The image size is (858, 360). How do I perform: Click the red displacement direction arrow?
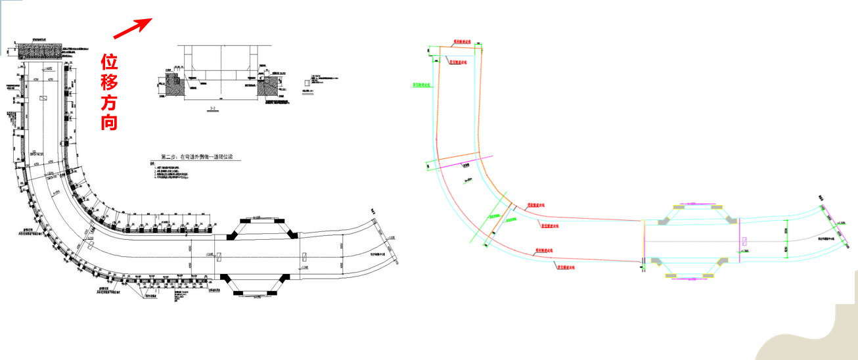click(x=133, y=28)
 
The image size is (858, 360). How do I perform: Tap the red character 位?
click(x=109, y=62)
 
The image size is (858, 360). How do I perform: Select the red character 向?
click(x=109, y=122)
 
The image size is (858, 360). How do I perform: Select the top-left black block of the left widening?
click(x=232, y=235)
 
